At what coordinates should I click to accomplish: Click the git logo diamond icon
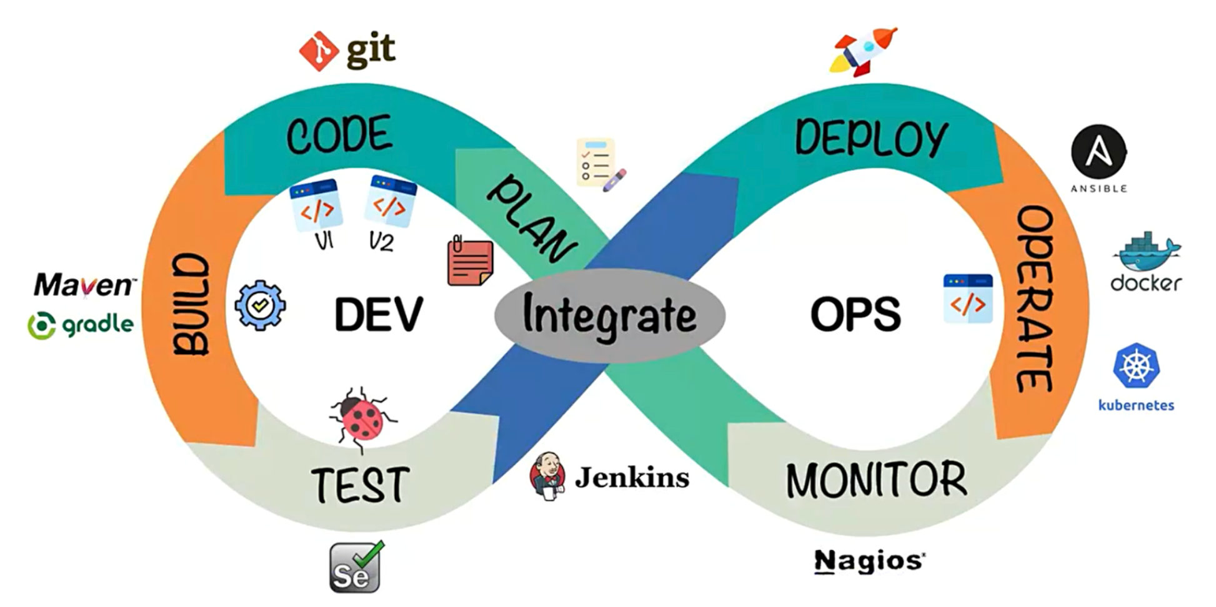(319, 51)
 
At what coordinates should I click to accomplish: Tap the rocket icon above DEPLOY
(864, 51)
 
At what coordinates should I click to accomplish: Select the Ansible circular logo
(1099, 152)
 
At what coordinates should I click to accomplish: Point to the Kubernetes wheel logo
(1136, 366)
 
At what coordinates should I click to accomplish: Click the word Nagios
(869, 561)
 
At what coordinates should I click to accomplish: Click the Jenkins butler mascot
(548, 477)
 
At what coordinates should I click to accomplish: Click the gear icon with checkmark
(261, 305)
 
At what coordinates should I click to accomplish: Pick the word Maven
(84, 285)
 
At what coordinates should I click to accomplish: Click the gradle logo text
(97, 325)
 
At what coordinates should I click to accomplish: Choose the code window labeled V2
(390, 201)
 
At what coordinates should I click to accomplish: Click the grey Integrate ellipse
(609, 315)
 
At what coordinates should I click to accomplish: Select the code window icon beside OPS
(968, 299)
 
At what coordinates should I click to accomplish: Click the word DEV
(379, 315)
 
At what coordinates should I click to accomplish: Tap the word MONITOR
(876, 481)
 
